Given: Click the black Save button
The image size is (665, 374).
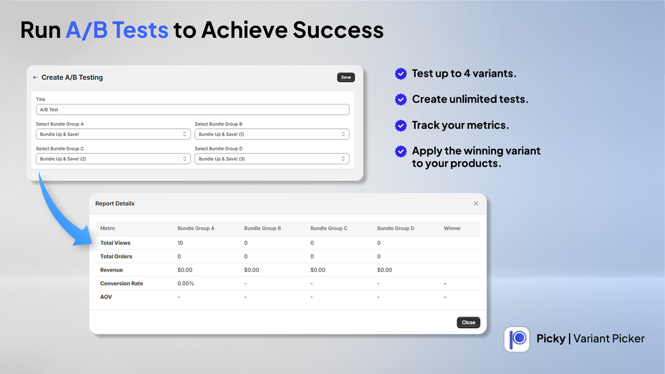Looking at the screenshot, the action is tap(346, 77).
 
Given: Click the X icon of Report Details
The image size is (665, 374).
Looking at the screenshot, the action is tap(476, 203).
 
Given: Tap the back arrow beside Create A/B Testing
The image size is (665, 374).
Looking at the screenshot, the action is tap(35, 77).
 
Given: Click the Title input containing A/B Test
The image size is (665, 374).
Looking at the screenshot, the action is tap(193, 110).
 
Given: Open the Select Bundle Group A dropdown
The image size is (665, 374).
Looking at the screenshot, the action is tap(113, 134).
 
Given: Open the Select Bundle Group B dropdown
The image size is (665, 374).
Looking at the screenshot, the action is tap(272, 134).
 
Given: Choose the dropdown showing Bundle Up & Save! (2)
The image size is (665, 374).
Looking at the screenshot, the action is tap(113, 159).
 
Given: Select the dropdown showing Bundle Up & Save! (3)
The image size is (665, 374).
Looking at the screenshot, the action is tap(272, 159).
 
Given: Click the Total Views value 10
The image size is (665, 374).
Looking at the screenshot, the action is tap(180, 243).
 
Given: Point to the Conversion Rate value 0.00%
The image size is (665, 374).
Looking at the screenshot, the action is tap(185, 283).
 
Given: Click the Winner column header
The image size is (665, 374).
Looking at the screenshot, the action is tap(452, 228).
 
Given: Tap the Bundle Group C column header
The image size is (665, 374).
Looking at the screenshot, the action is tap(329, 228).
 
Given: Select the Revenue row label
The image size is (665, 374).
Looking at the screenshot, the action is tap(111, 270).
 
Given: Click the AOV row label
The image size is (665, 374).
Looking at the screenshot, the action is tap(106, 297).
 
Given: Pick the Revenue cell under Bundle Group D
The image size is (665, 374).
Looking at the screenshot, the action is tap(384, 270).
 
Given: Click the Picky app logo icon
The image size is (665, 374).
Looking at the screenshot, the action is tap(517, 339).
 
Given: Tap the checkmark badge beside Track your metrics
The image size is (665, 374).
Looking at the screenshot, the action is tap(401, 125).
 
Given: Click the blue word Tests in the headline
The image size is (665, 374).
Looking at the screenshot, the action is tap(140, 30).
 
